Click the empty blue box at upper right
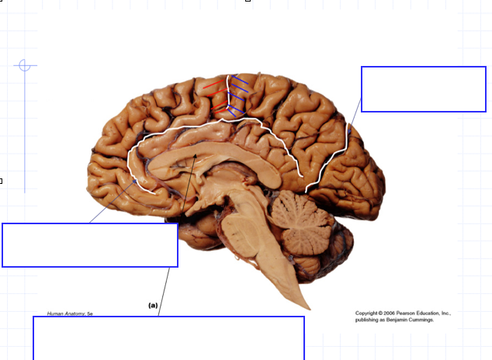point(423,88)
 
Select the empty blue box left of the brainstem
point(90,244)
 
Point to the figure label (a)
point(153,306)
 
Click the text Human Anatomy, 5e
point(70,313)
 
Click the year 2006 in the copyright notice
point(398,313)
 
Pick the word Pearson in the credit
point(419,313)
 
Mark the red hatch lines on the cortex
point(214,93)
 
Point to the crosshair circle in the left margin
point(25,65)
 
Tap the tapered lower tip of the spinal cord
point(306,304)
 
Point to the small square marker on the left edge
point(1,181)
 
